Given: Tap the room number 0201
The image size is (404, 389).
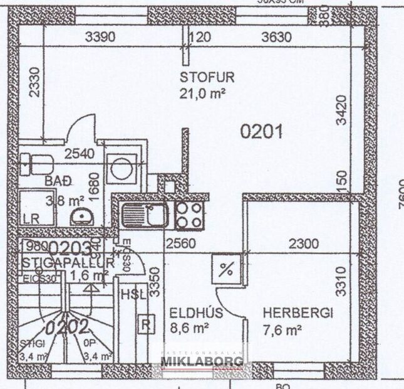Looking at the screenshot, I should coord(262,132).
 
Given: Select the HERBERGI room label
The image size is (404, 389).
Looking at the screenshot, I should coord(298,312).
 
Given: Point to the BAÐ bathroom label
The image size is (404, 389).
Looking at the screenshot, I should coord(58,181).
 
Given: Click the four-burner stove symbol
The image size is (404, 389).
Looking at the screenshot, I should coord(189,215).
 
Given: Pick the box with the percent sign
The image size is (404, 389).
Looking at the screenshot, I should coord(227,270).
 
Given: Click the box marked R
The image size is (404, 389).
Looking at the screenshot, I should coord(145,324).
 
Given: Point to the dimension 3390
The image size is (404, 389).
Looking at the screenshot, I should coord(100,37).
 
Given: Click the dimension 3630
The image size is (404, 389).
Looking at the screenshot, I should coord(276,37).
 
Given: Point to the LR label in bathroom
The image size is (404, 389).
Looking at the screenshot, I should coord(31,219).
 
